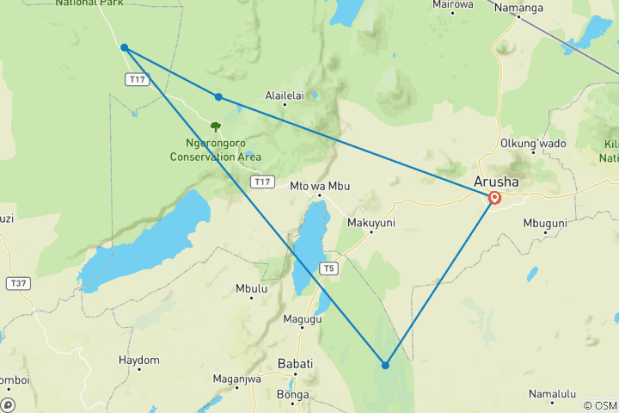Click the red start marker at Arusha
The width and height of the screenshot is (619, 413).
[495, 198]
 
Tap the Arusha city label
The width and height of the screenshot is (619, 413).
[496, 182]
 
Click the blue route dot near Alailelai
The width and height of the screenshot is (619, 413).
[219, 97]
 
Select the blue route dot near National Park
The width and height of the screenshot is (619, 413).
[125, 47]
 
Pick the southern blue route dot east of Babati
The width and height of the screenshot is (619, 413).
[385, 365]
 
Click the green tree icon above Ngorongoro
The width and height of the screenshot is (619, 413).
[215, 126]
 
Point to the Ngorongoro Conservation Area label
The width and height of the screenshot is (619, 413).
[215, 151]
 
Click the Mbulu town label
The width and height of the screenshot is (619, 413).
[251, 289]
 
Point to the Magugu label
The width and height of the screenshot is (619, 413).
[303, 319]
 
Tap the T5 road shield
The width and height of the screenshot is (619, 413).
[328, 268]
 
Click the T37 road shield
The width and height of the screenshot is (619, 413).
[17, 282]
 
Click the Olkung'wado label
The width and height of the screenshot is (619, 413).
[533, 143]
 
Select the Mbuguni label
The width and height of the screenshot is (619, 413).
[546, 222]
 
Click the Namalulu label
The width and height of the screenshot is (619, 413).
[552, 394]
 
